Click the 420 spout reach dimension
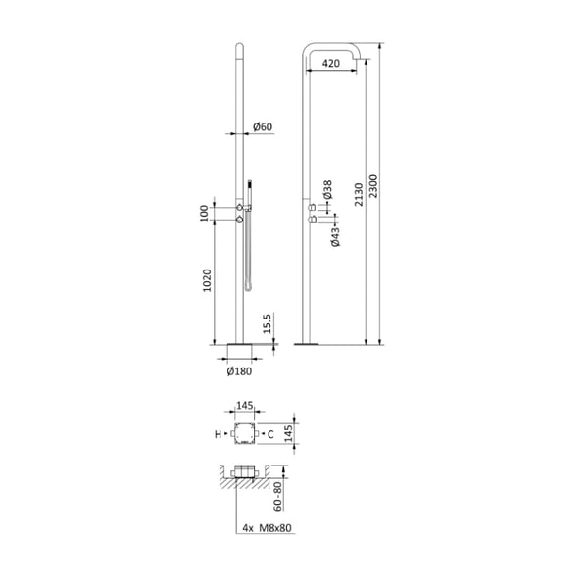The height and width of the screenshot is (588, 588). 331,63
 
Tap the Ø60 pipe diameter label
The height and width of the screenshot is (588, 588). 263,126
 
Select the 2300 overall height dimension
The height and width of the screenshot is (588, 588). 373,186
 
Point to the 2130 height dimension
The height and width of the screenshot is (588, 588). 359,194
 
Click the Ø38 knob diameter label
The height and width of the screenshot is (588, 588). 327,190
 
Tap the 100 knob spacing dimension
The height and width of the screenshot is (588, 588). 204,214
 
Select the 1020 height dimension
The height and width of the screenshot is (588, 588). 207,280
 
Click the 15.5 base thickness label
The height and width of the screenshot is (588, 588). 267,324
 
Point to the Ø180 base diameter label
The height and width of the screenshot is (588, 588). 239,371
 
